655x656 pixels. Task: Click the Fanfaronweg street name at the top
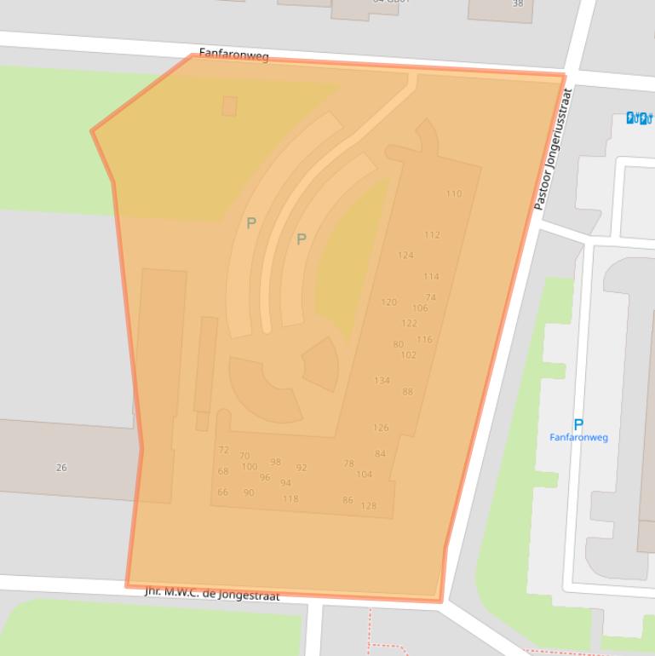pos(233,55)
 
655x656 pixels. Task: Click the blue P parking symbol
pos(578,424)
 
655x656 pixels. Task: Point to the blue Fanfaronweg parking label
pos(578,438)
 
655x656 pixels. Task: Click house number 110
pos(454,193)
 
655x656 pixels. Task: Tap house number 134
pos(382,381)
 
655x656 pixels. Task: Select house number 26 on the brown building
pos(61,468)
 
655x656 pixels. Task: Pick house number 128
pos(368,506)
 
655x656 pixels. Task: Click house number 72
pos(223,450)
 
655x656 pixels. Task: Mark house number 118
pos(290,499)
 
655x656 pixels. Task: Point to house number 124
pos(405,255)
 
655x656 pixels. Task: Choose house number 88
pos(407,393)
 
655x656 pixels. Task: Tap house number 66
pos(222,492)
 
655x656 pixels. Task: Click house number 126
pos(381,428)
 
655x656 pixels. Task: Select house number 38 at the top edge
pos(518,4)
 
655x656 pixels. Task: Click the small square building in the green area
pos(229,106)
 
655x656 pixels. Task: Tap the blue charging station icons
pos(639,118)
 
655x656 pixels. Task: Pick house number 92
pos(302,468)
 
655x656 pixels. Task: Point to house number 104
pos(364,475)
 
